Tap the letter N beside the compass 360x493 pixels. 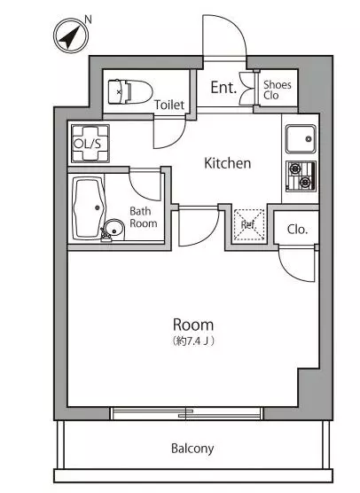click(88, 20)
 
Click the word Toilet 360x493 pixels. click(169, 105)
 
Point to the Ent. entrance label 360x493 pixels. click(223, 87)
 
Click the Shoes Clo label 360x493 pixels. click(277, 90)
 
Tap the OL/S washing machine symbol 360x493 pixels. click(90, 144)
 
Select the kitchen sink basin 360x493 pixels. click(301, 138)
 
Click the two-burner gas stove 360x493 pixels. click(301, 176)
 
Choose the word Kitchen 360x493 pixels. click(228, 163)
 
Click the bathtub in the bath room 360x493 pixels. click(89, 208)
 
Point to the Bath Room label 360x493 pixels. click(144, 217)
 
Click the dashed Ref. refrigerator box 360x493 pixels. click(249, 225)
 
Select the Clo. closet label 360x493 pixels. click(297, 230)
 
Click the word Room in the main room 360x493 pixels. click(193, 325)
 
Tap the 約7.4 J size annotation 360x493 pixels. click(193, 340)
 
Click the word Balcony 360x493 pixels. click(192, 449)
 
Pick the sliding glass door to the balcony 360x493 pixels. click(186, 413)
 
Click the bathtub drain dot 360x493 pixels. click(98, 207)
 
